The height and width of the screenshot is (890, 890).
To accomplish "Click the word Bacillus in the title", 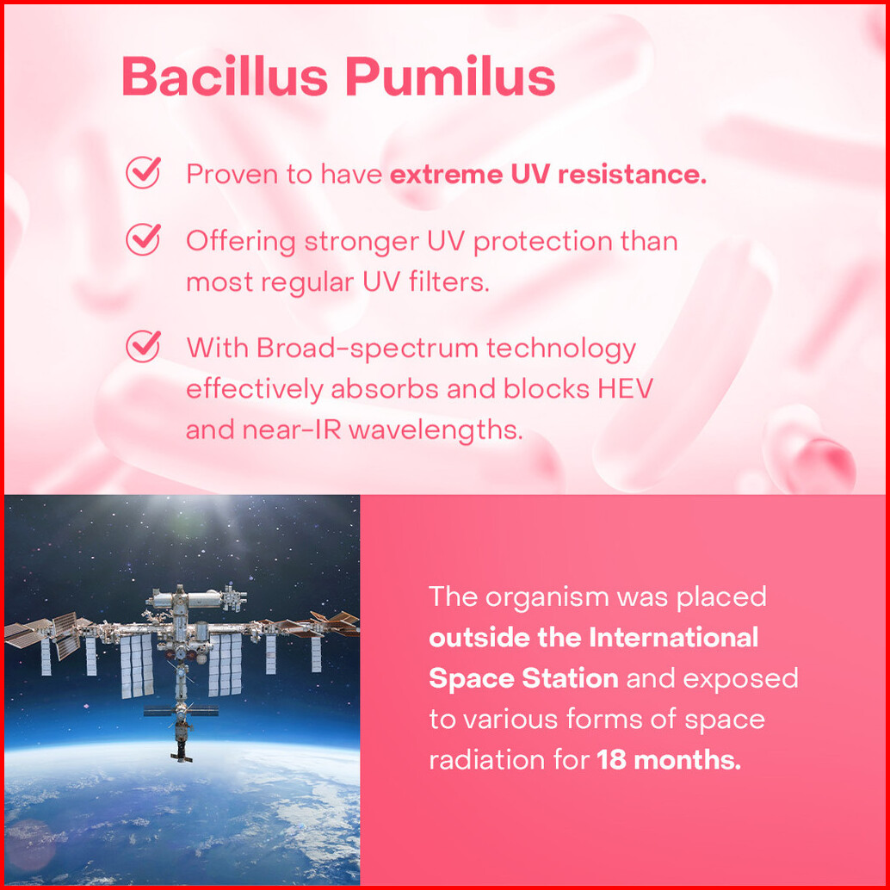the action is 225,76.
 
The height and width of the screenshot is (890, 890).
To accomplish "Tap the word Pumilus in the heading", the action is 451,76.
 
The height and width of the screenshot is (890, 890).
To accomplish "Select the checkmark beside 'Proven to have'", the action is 143,172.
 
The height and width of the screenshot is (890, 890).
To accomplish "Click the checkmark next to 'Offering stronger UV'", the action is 143,239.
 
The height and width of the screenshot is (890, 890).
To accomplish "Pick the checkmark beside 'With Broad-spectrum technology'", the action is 143,346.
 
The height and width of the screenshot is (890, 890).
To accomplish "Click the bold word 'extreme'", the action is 446,174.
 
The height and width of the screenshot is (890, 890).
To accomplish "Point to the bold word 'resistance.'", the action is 633,174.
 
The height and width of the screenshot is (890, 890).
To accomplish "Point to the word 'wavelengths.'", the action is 436,430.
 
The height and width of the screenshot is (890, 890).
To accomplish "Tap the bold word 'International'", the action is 674,638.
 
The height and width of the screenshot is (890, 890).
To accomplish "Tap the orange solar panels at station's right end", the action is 336,622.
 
